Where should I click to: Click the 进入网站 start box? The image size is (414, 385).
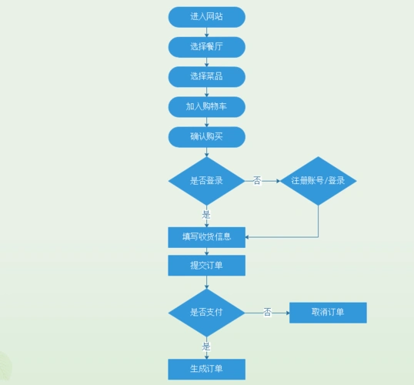click(x=206, y=16)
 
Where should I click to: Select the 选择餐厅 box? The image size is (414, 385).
click(x=206, y=46)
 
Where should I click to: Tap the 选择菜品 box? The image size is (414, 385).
click(x=206, y=76)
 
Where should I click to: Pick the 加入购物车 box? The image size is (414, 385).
click(x=206, y=106)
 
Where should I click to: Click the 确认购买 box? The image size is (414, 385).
click(x=206, y=136)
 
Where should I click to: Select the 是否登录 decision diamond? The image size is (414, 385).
click(x=206, y=181)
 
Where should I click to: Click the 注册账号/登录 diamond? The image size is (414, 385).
click(x=318, y=181)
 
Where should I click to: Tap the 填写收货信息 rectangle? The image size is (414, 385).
click(x=206, y=236)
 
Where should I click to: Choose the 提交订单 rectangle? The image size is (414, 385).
click(x=206, y=266)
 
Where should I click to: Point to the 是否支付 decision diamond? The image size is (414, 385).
click(x=206, y=313)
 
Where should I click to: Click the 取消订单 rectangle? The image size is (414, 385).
click(x=328, y=313)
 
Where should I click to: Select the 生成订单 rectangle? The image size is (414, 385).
click(x=206, y=369)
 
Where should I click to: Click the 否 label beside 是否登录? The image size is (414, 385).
click(x=257, y=181)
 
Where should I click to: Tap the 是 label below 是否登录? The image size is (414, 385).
click(x=206, y=214)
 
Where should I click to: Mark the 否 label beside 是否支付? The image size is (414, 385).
click(x=267, y=313)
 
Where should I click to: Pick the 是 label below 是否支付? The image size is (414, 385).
click(x=206, y=346)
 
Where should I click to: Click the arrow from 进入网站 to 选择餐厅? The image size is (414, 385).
click(x=206, y=32)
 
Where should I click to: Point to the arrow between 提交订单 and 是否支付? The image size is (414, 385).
click(x=206, y=282)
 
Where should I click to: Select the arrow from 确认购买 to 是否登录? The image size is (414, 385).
click(x=206, y=152)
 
